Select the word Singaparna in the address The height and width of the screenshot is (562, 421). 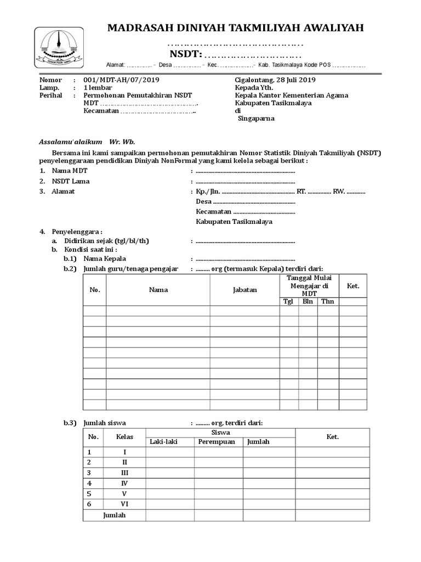[257, 119]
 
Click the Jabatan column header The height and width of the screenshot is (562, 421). [244, 289]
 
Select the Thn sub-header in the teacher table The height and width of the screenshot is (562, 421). [327, 301]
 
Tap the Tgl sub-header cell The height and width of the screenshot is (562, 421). [288, 301]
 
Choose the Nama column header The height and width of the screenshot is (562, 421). [158, 289]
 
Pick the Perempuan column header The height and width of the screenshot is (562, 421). [217, 442]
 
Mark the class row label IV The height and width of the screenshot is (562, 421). [124, 484]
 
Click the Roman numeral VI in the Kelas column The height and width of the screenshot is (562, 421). [124, 504]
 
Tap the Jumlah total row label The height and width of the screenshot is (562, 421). [115, 515]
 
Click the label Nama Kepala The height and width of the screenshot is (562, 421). [105, 258]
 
